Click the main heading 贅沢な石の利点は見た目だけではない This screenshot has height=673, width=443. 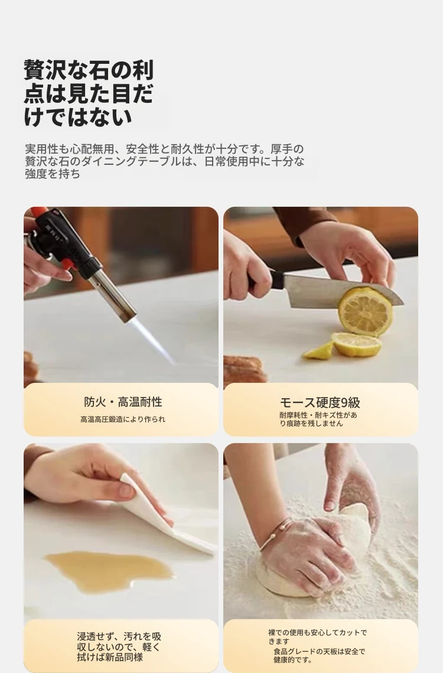click(x=89, y=93)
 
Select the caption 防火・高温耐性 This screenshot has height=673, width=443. click(x=123, y=402)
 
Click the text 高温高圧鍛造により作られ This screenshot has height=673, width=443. click(x=123, y=420)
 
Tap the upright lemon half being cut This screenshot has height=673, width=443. click(x=365, y=311)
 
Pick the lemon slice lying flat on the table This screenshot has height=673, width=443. click(x=356, y=344)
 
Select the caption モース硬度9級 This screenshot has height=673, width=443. click(x=320, y=402)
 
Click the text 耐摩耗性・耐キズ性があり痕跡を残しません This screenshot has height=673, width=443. click(x=318, y=420)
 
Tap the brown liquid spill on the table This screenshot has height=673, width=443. click(x=109, y=571)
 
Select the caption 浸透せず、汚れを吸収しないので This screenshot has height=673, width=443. click(x=119, y=642)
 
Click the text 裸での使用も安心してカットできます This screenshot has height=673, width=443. click(x=318, y=637)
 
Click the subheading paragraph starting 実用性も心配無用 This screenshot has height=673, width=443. click(x=164, y=161)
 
